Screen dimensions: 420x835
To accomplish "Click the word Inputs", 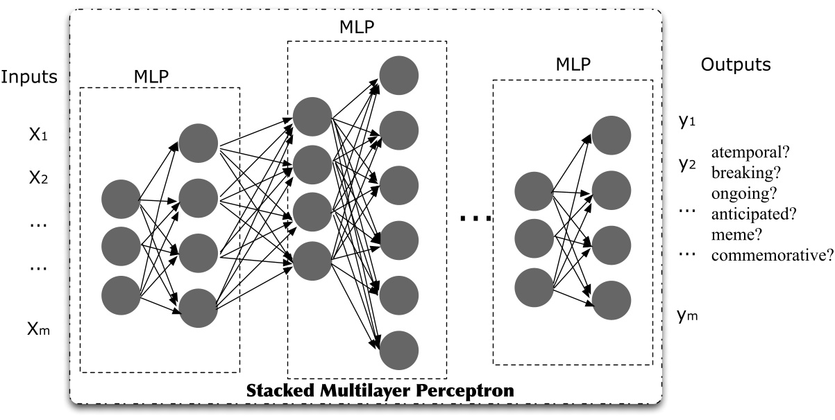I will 29,76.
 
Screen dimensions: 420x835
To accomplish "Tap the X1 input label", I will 38,136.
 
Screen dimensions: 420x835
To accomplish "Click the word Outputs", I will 736,65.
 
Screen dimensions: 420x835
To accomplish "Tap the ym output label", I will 687,316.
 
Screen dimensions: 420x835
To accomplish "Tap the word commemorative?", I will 770,254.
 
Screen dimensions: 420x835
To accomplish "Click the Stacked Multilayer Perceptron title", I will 380,390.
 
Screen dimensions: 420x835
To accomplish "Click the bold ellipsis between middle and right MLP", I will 475,219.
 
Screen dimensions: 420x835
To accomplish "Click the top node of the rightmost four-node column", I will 611,134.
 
